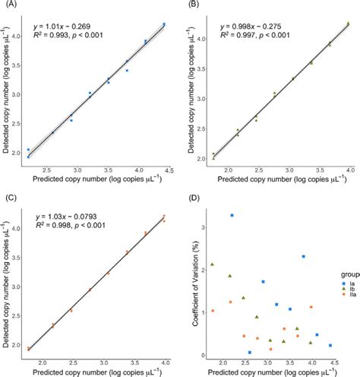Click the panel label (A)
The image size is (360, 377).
pyautogui.click(x=9, y=8)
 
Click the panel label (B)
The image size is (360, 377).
pyautogui.click(x=193, y=8)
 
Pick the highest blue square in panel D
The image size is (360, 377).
pyautogui.click(x=232, y=215)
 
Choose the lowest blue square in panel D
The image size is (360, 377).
pyautogui.click(x=249, y=353)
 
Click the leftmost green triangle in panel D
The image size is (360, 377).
pyautogui.click(x=212, y=265)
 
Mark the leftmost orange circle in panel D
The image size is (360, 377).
pyautogui.click(x=212, y=311)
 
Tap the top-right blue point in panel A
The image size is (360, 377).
pyautogui.click(x=164, y=24)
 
